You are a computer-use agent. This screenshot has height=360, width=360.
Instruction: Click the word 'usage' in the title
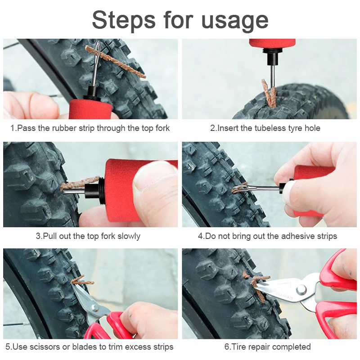click(234, 21)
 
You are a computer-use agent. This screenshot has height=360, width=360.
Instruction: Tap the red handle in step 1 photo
click(91, 109)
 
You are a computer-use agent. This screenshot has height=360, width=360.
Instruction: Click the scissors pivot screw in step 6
click(301, 289)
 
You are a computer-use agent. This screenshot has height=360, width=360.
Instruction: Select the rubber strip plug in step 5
click(82, 280)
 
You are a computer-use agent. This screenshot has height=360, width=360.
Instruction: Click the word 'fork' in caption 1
click(162, 128)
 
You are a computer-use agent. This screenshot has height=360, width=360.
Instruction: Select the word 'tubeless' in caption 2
click(270, 128)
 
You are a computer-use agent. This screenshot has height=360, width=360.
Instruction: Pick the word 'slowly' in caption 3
click(129, 236)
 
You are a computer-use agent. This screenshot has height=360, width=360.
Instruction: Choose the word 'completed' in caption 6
click(291, 347)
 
